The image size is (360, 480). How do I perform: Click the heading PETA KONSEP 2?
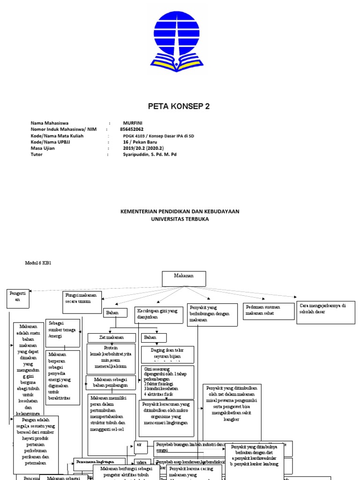point(179,106)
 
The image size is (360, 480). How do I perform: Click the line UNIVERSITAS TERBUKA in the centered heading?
point(180,219)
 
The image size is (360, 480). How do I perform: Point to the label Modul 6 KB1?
point(37,263)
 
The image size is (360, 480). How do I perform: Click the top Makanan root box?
point(184,278)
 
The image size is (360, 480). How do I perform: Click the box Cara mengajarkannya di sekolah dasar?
point(325,313)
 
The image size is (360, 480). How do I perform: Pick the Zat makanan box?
point(111,337)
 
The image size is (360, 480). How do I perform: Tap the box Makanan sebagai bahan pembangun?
point(111,382)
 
